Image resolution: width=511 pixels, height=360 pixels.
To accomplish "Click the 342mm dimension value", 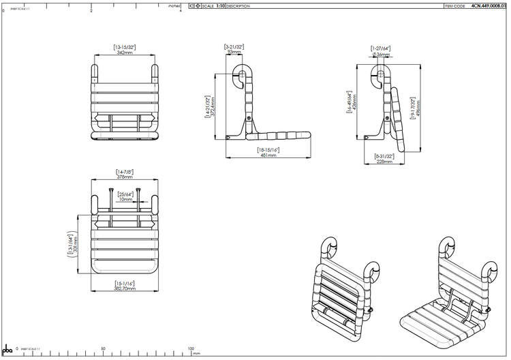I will click(124, 52).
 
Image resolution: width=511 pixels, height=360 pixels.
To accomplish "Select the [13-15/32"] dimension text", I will click(125, 46).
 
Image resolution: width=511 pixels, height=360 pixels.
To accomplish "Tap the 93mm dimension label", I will click(234, 52).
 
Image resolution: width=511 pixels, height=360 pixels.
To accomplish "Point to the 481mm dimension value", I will click(267, 155).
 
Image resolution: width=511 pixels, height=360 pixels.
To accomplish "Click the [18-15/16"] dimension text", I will click(268, 149).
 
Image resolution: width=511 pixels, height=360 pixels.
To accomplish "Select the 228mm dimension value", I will click(384, 162).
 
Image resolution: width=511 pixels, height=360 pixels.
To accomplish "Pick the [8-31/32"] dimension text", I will click(384, 156).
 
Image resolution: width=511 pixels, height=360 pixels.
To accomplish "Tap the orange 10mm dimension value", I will click(125, 200).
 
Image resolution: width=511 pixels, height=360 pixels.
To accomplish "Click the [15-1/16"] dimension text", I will click(124, 283).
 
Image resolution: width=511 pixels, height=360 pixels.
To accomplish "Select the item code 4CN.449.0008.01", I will click(489, 5).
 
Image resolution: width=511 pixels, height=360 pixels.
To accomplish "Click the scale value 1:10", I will click(220, 5).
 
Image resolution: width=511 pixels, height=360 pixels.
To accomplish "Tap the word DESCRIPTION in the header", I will click(238, 5).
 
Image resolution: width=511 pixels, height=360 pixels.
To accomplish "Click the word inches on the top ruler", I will click(173, 5).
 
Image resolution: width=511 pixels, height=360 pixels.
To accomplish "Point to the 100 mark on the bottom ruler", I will click(191, 348).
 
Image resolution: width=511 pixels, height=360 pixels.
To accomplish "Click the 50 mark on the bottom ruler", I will click(103, 348).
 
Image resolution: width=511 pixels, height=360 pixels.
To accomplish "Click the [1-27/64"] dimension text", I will click(380, 48).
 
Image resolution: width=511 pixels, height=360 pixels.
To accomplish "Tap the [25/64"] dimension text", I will click(125, 194).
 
